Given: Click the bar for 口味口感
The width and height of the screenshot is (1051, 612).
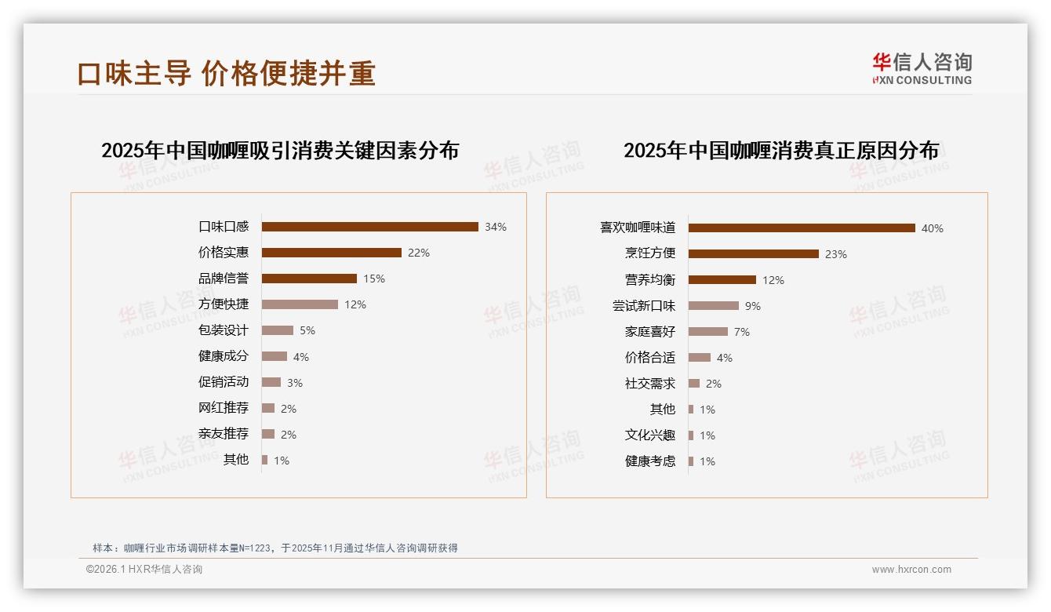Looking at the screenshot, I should (369, 227).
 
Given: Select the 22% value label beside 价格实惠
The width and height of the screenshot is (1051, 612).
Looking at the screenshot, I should (419, 253).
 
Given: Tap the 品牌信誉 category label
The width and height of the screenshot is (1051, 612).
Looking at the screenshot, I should (224, 279).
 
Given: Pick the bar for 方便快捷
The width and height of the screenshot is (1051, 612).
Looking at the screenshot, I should (300, 304).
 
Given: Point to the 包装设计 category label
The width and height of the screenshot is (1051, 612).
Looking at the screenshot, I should (224, 330).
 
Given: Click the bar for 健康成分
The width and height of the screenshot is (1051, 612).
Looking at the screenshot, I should (275, 356).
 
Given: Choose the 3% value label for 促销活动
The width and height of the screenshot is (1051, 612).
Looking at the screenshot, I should (295, 383).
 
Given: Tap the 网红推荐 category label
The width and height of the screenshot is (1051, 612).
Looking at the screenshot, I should (224, 408).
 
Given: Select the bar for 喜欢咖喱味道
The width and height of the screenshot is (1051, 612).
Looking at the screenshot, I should (802, 228).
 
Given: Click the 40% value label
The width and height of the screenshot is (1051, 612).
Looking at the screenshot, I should (933, 228).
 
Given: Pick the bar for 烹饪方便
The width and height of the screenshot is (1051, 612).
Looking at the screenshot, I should (754, 253).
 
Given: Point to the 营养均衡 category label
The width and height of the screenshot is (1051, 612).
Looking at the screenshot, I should (650, 280).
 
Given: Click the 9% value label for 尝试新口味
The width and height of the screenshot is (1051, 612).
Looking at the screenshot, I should (753, 306).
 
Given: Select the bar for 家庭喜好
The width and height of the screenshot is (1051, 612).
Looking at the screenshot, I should (708, 332).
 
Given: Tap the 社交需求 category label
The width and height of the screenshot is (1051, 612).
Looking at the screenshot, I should (650, 384).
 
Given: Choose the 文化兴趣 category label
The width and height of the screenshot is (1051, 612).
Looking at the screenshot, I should (650, 435).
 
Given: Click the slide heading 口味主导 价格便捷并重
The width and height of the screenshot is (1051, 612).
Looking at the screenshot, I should (227, 73).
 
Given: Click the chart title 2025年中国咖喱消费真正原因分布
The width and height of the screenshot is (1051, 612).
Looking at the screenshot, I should (781, 151).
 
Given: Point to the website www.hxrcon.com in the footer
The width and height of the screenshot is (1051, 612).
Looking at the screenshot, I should (911, 570).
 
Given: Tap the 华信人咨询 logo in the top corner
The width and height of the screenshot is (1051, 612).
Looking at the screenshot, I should (922, 68).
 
